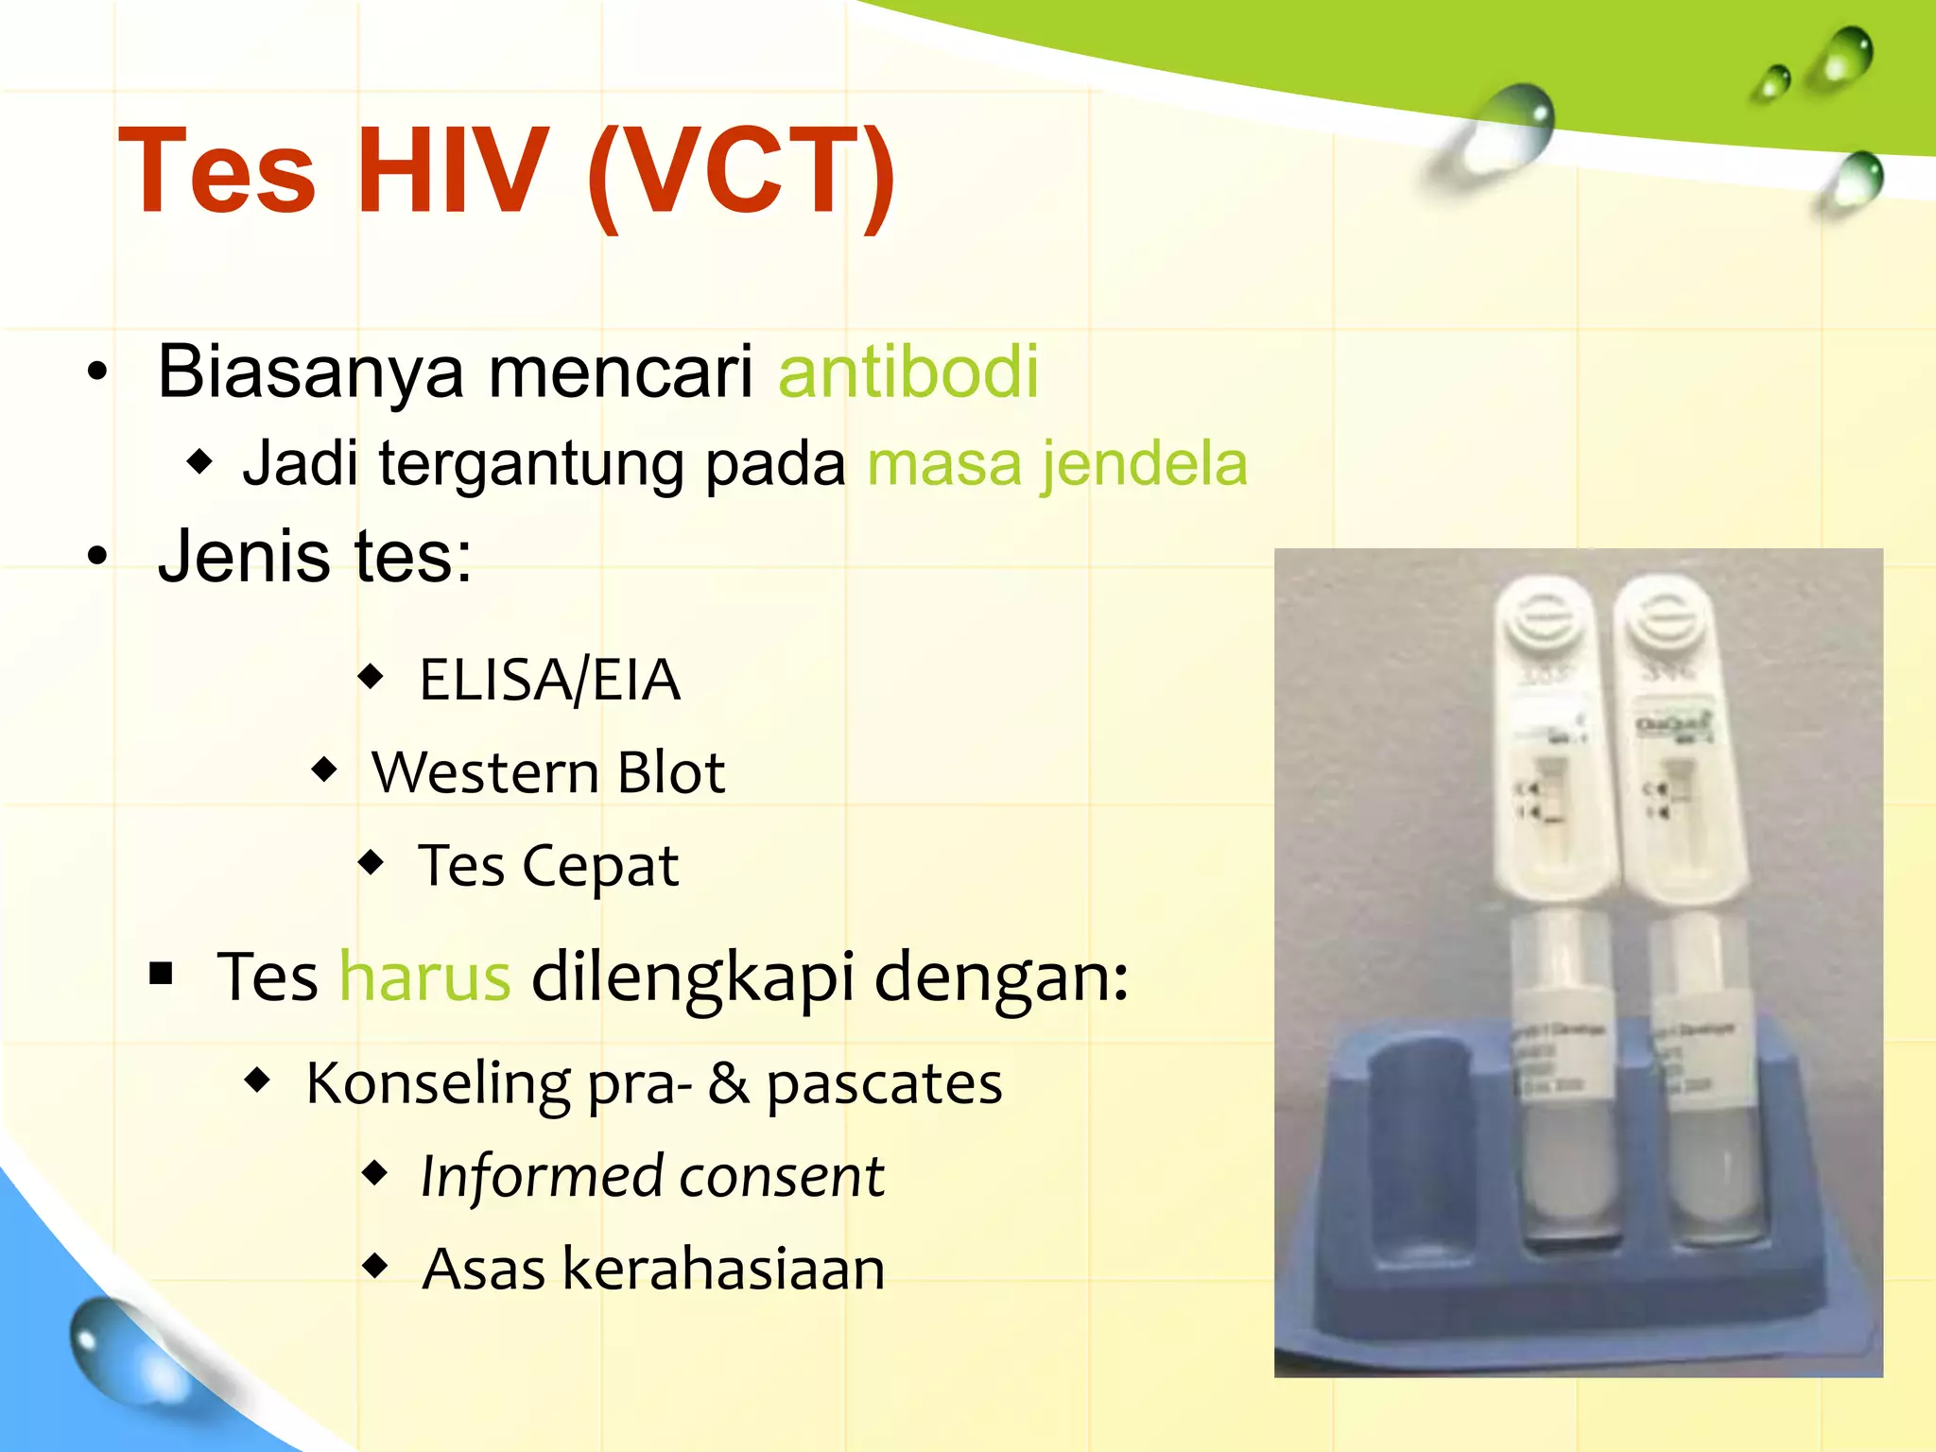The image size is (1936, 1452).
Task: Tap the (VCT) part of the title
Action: click(740, 174)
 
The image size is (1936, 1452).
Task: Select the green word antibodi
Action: click(908, 372)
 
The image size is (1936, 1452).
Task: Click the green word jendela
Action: click(1144, 464)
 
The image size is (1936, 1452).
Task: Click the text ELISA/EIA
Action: click(549, 680)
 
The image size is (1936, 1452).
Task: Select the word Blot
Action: click(670, 772)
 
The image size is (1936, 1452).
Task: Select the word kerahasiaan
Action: click(723, 1269)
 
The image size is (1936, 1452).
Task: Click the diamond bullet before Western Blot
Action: click(324, 769)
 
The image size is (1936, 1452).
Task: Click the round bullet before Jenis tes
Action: click(96, 557)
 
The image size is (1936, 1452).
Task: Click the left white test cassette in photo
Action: click(1550, 737)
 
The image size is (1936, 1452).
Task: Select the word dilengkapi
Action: click(693, 978)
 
